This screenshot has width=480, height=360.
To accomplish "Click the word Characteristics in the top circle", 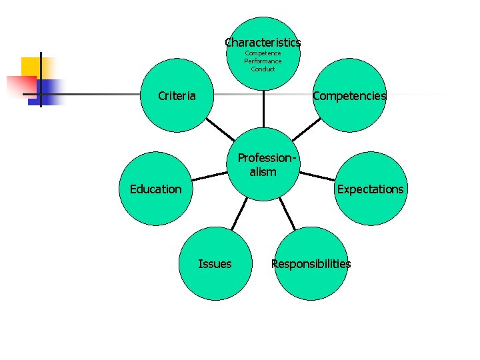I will pyautogui.click(x=263, y=43).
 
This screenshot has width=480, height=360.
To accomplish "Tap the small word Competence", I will pyautogui.click(x=263, y=53).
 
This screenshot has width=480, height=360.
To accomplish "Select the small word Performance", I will pyautogui.click(x=263, y=61).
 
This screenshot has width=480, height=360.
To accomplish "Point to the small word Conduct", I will pyautogui.click(x=263, y=69).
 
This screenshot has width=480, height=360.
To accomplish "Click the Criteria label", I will pyautogui.click(x=177, y=95).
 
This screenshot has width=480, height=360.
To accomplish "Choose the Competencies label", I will pyautogui.click(x=349, y=96).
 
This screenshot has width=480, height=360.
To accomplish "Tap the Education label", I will pyautogui.click(x=155, y=189).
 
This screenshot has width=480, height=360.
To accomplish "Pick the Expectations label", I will pyautogui.click(x=370, y=189).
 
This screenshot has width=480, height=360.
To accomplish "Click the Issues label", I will pyautogui.click(x=215, y=264).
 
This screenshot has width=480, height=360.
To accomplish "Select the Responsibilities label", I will pyautogui.click(x=311, y=264).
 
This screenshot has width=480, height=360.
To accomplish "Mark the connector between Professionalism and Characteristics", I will pyautogui.click(x=263, y=109).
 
